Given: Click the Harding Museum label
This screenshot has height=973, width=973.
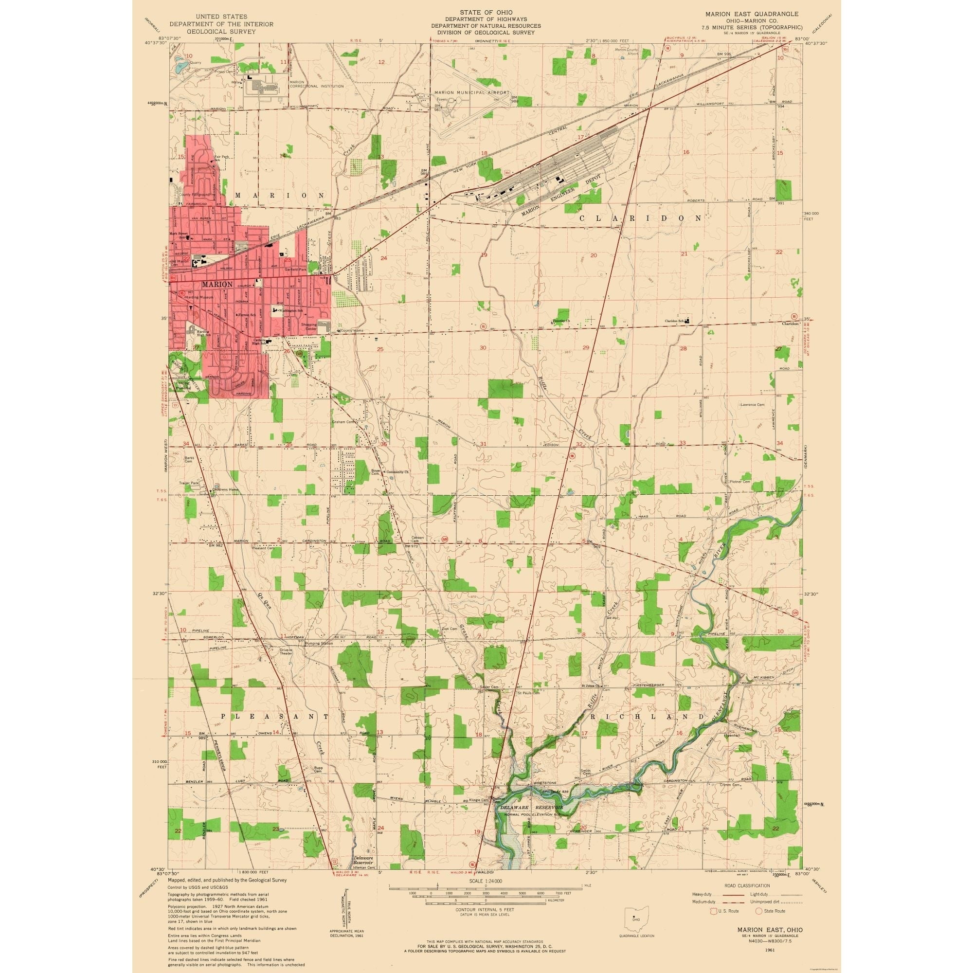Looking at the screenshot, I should [x=201, y=297].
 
